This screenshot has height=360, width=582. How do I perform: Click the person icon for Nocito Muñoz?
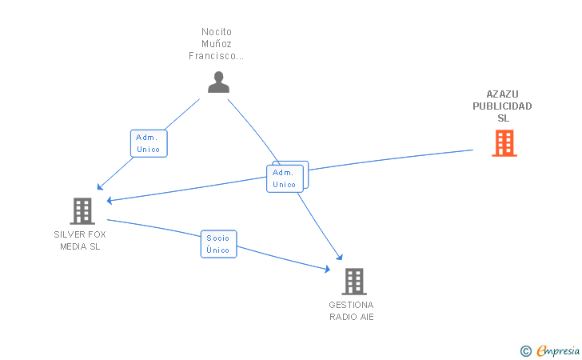[x=218, y=82]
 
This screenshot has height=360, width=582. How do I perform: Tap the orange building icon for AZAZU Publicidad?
[x=504, y=142]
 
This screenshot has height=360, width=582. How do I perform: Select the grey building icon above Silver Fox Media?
[x=82, y=210]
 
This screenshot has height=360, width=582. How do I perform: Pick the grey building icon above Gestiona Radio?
[x=353, y=281]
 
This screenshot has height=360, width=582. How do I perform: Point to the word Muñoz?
[x=216, y=44]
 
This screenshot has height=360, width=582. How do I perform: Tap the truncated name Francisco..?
[x=216, y=56]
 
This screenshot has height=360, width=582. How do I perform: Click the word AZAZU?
[x=502, y=94]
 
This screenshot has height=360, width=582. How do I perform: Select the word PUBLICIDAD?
[x=502, y=106]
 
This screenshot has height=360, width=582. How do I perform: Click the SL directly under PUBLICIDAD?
[x=503, y=118]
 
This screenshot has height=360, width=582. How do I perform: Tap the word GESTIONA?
[x=351, y=305]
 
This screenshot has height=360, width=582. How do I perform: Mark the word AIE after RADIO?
[x=366, y=317]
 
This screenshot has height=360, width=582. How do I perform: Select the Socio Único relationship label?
[x=217, y=244]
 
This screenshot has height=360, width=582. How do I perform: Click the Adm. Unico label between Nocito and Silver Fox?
[x=149, y=143]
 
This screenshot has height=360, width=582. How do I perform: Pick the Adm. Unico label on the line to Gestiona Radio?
[x=285, y=178]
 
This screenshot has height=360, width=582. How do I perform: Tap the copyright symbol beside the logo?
[x=525, y=350]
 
